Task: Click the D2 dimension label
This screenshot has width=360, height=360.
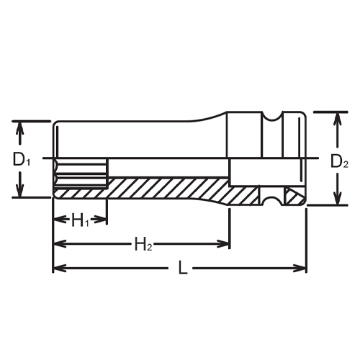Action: click(x=339, y=163)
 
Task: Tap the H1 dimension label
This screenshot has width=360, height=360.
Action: click(x=80, y=221)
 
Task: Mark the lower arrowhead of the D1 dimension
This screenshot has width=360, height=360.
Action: click(x=22, y=191)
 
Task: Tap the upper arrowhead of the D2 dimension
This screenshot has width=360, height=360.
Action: click(x=335, y=117)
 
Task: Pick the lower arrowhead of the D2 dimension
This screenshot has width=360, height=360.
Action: click(x=335, y=201)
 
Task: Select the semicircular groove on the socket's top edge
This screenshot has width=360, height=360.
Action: click(x=274, y=115)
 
